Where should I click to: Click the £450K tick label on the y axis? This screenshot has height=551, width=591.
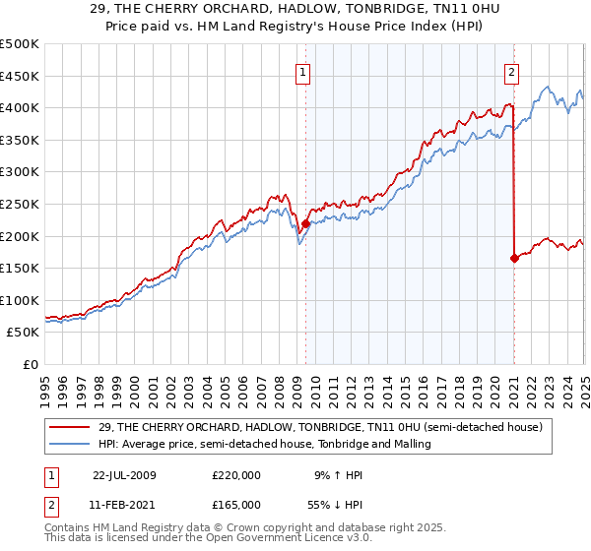[20, 76]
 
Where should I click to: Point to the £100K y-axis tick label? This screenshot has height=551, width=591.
[20, 300]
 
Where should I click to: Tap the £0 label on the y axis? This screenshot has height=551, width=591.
[31, 365]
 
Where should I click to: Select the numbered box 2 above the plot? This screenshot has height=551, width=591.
[512, 71]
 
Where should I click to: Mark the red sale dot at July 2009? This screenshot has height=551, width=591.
[306, 223]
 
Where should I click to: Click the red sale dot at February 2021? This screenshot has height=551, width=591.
[514, 259]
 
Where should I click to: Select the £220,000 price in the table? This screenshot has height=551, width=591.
[235, 475]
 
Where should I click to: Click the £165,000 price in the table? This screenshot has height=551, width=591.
[235, 504]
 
